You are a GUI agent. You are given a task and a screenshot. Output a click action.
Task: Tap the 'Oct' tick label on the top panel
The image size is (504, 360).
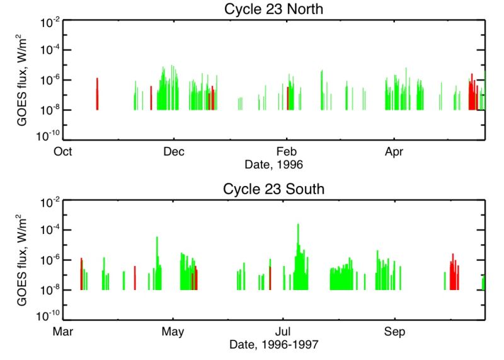(62, 151)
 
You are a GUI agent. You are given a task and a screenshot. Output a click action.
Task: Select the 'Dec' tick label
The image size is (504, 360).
(173, 151)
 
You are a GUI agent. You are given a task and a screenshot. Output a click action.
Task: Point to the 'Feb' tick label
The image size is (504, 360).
(287, 151)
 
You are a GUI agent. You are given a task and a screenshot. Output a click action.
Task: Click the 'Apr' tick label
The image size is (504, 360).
(394, 151)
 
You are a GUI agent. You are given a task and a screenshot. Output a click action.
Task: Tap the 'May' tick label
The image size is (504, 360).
(173, 331)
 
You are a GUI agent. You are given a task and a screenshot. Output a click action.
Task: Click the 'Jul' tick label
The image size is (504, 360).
(283, 331)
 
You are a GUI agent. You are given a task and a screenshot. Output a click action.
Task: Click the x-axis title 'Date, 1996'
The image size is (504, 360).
(273, 165)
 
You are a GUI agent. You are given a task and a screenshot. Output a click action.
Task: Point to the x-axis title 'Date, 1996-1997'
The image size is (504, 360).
(273, 345)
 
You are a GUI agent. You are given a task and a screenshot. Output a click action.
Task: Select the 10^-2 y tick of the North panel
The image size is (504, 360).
(50, 21)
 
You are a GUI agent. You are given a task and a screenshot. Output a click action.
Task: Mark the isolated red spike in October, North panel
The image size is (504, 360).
(97, 93)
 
